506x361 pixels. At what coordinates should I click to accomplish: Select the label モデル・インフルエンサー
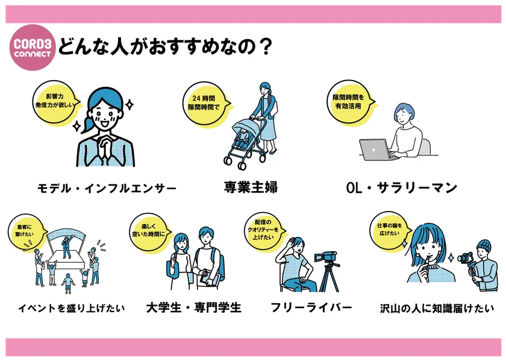click(107, 189)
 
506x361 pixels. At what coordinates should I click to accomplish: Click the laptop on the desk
click(377, 150)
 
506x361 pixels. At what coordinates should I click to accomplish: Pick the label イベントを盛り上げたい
click(71, 308)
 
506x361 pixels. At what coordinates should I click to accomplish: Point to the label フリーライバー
click(311, 307)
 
